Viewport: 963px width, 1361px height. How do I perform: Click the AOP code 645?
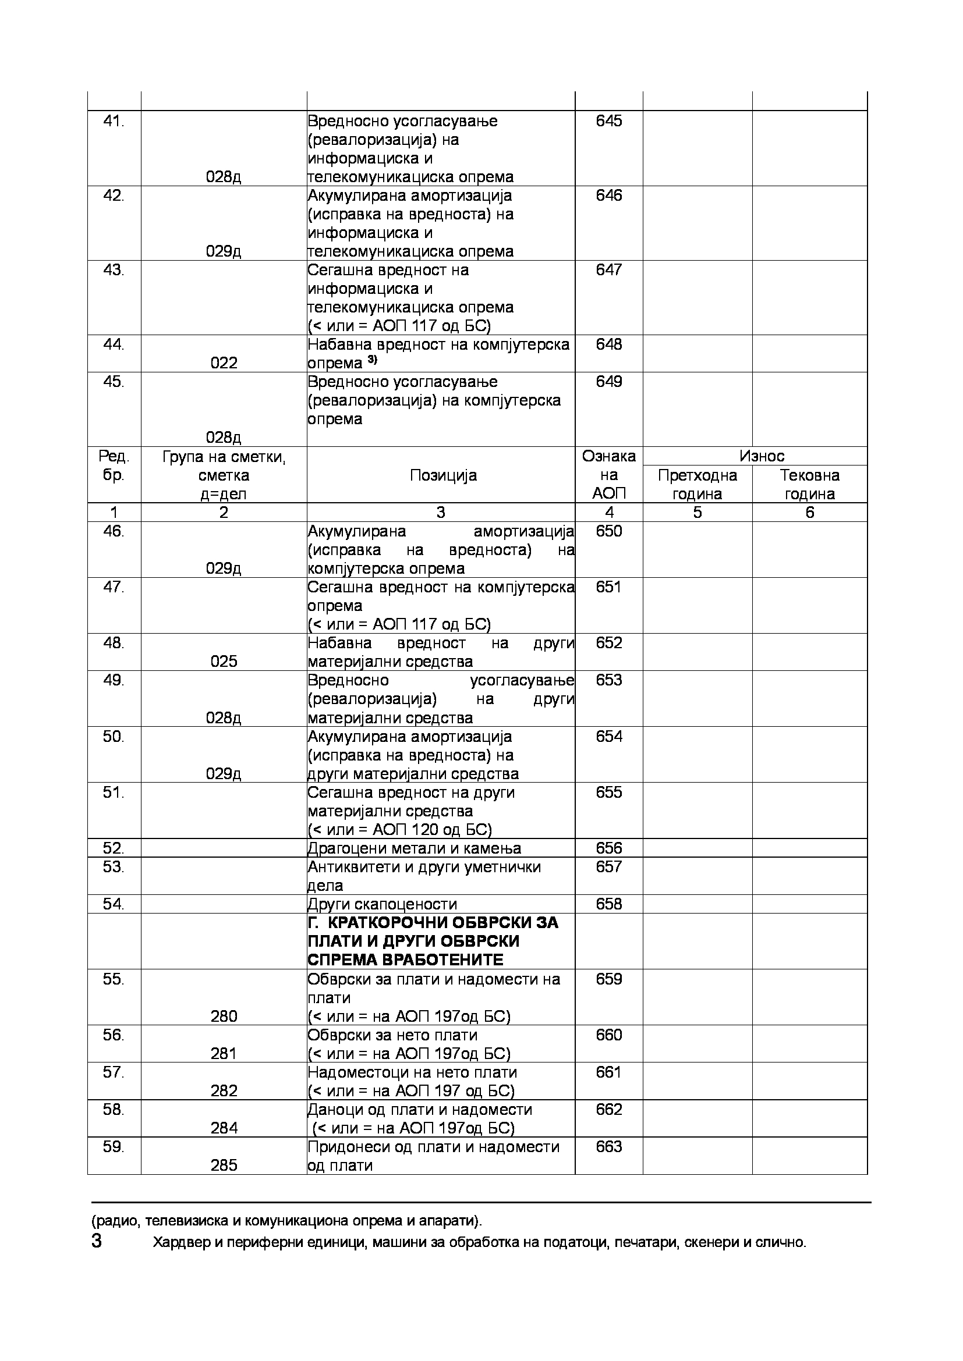point(608,121)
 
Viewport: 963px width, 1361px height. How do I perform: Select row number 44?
point(114,344)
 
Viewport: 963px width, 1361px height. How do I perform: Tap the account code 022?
point(224,363)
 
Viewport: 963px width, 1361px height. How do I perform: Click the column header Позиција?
point(443,476)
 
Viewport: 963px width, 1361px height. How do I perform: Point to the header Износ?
point(762,456)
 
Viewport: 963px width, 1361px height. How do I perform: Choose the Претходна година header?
point(698,484)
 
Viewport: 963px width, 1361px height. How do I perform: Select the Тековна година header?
point(809,484)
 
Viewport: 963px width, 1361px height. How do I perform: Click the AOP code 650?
point(608,531)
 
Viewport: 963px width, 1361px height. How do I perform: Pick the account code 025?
point(224,662)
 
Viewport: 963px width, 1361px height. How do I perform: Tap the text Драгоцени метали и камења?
point(414,848)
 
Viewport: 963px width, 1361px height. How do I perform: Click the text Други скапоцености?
point(382,904)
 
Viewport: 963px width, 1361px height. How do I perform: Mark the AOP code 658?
point(608,904)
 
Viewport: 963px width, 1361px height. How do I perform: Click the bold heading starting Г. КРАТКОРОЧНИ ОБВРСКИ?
point(433,941)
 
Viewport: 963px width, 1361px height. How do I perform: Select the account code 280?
point(224,1017)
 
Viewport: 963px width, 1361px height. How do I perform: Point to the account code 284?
point(224,1128)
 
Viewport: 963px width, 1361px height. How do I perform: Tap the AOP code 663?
point(608,1147)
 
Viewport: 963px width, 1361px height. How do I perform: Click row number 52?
point(114,848)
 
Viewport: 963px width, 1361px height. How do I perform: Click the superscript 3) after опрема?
point(373,360)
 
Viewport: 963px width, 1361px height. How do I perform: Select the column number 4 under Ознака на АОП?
point(608,513)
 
